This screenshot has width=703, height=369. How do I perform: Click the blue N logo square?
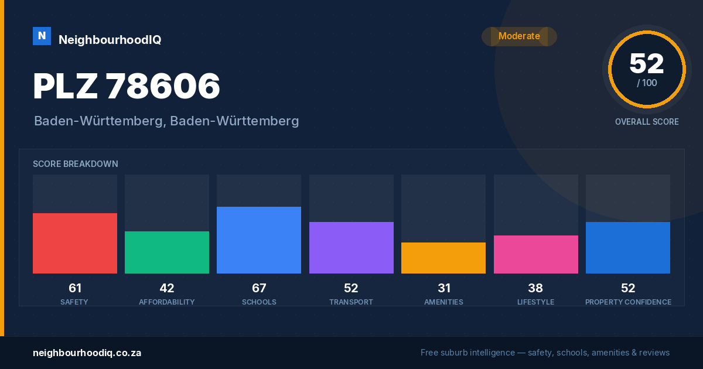tap(42, 36)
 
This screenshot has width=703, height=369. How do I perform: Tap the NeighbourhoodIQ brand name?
tap(110, 40)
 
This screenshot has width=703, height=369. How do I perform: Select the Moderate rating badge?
tap(519, 36)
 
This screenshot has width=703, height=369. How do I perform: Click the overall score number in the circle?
tap(647, 63)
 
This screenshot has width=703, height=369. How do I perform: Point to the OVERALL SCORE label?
tap(647, 122)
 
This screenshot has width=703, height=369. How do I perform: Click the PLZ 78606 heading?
tap(126, 86)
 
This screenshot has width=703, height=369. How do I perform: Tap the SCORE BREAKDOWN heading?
tap(76, 164)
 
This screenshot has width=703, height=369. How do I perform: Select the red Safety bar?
tap(75, 243)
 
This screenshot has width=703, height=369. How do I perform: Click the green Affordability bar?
tap(167, 252)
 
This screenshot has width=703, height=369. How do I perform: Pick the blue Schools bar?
tap(259, 240)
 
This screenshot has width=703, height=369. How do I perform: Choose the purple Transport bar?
tap(351, 248)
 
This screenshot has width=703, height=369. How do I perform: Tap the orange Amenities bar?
tap(443, 258)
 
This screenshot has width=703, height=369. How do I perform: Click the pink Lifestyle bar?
tap(535, 254)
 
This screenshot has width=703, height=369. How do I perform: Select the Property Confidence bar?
tap(628, 248)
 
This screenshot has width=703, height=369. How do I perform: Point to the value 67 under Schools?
tap(259, 288)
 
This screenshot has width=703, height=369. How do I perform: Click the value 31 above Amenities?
tap(444, 288)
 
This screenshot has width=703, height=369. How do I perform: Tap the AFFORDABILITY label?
tap(167, 302)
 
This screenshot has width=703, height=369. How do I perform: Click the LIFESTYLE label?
tap(535, 302)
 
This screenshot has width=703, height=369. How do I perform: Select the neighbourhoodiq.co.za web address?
tap(87, 353)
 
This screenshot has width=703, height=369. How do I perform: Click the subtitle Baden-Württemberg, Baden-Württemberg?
tap(166, 121)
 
